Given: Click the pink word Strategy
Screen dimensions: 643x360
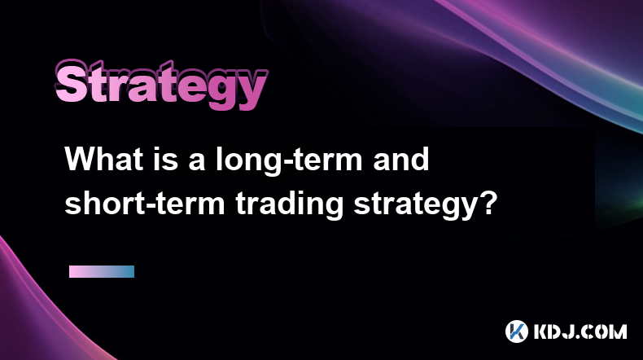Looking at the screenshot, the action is [161, 85].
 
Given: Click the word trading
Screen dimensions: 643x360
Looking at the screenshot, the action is [290, 204].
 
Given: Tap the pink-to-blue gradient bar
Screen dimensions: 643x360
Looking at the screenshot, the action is [102, 272].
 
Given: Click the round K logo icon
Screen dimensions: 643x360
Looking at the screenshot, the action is [517, 331].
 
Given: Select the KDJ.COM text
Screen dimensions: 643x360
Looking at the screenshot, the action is [580, 331].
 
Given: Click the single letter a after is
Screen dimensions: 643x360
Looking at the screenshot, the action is [196, 162].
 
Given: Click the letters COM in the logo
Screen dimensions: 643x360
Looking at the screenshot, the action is [606, 331].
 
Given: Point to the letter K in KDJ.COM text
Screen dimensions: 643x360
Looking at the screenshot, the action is [540, 331].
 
